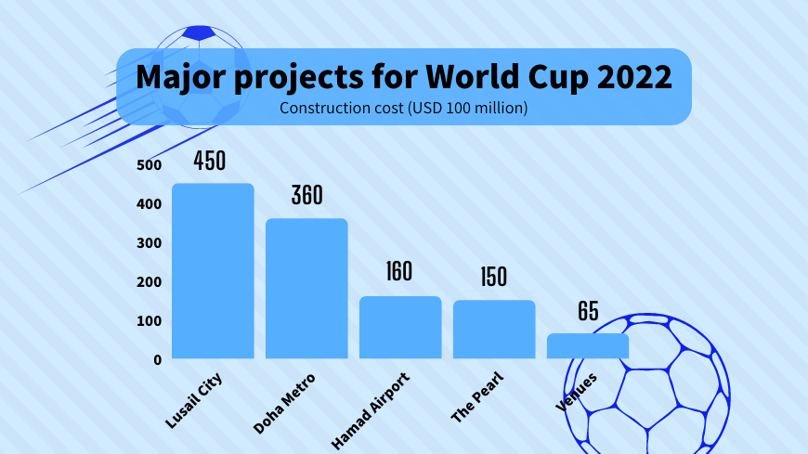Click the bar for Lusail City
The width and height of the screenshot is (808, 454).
click(x=213, y=270)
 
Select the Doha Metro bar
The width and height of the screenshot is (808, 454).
click(x=306, y=288)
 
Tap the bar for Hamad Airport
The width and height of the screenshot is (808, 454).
click(x=400, y=327)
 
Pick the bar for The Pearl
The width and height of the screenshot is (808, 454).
click(x=494, y=329)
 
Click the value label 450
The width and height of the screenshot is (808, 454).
click(x=210, y=161)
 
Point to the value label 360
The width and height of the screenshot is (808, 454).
click(x=306, y=196)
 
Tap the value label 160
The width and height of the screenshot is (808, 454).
click(x=399, y=272)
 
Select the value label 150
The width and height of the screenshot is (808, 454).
click(x=494, y=277)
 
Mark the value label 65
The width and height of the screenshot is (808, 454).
click(x=588, y=311)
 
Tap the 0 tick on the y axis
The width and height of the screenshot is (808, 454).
click(x=158, y=359)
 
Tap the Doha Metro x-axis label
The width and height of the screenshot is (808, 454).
click(x=284, y=404)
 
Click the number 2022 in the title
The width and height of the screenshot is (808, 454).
click(x=634, y=76)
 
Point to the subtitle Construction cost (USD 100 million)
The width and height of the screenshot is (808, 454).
click(x=403, y=109)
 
